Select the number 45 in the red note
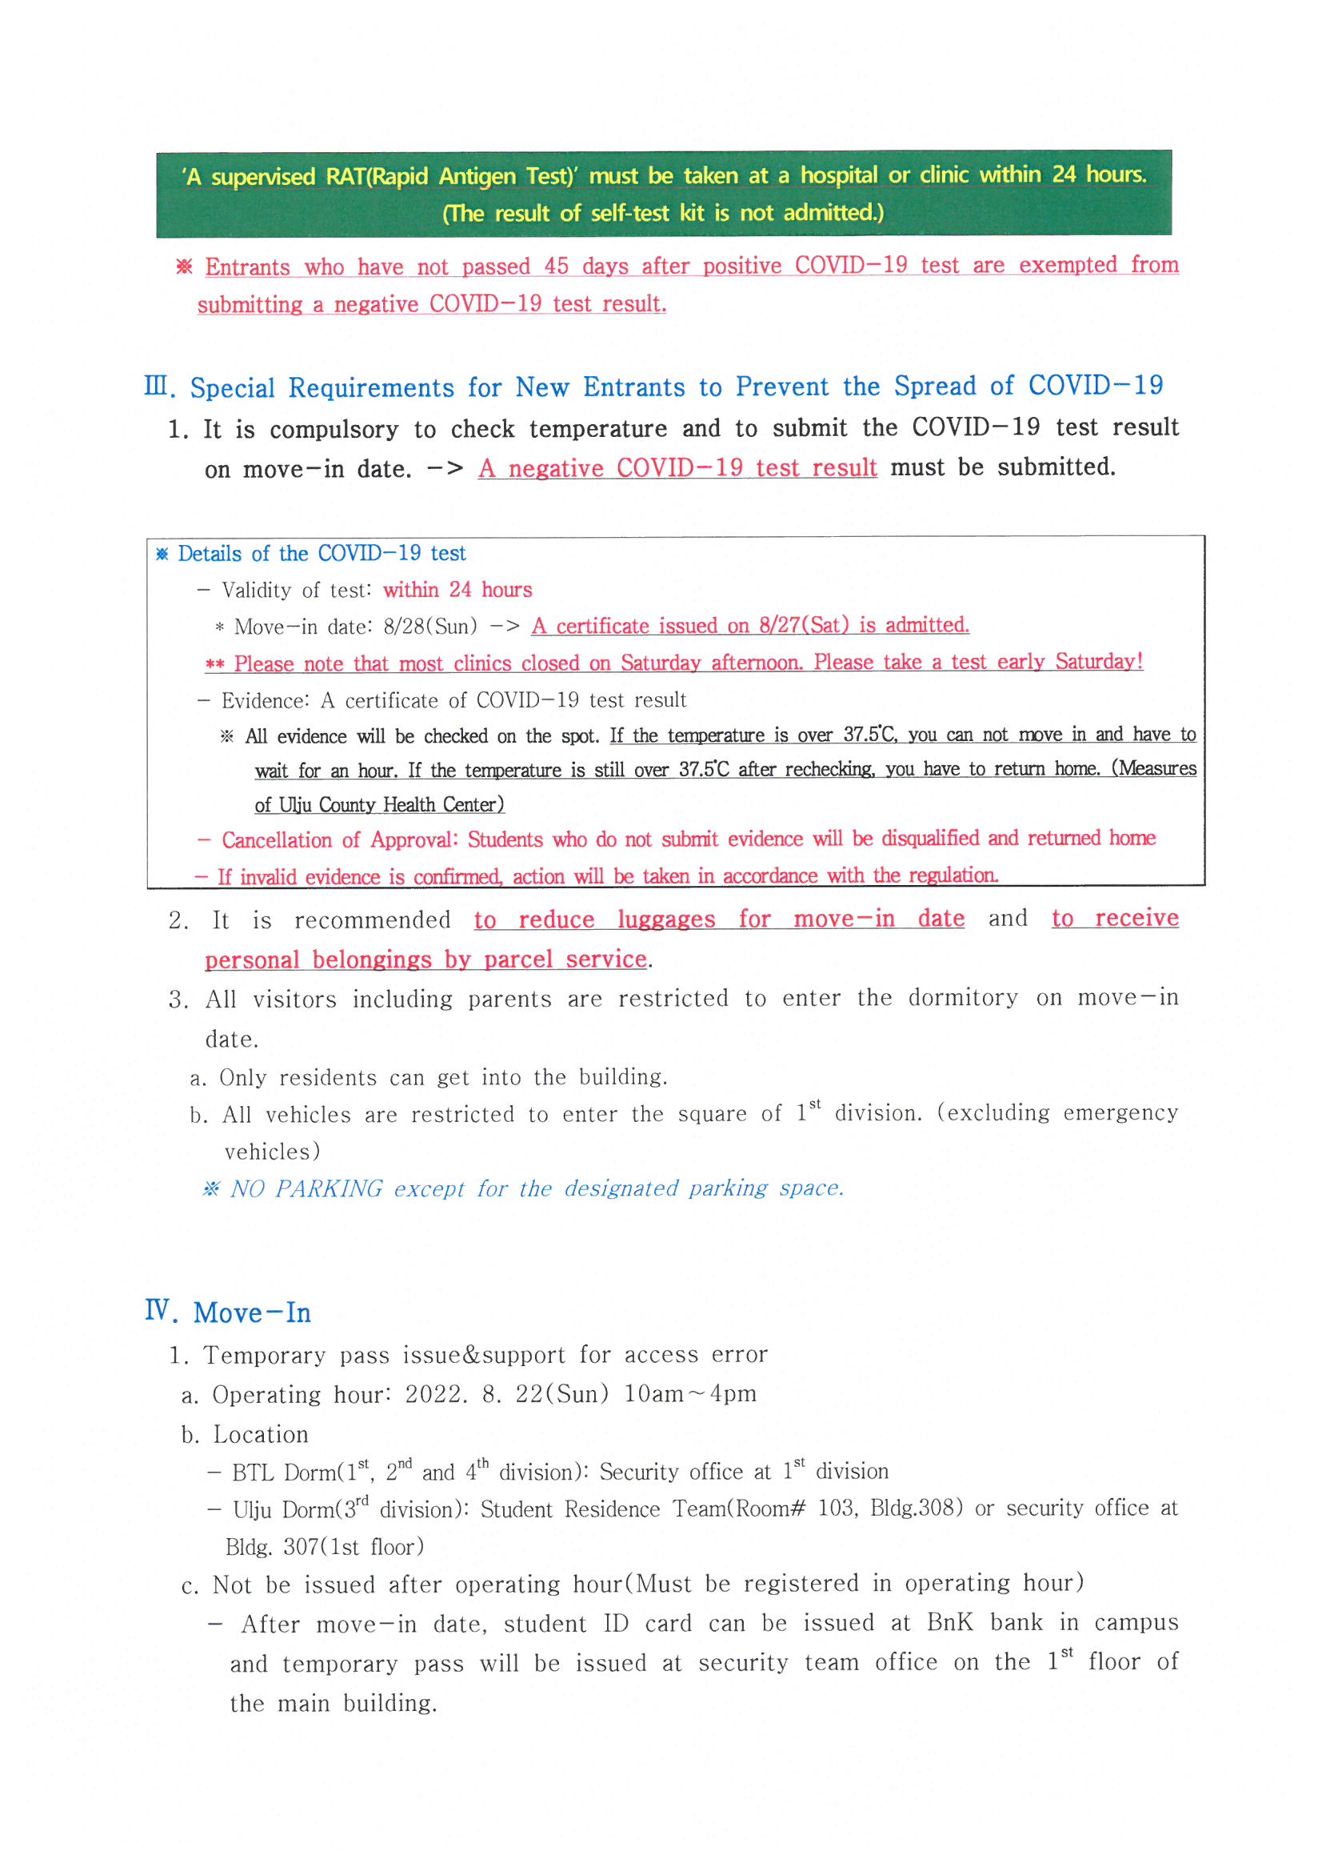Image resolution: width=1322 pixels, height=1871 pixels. point(557,266)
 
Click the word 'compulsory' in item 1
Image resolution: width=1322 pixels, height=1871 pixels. point(334,430)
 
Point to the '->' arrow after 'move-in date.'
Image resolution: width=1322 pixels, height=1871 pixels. point(445,469)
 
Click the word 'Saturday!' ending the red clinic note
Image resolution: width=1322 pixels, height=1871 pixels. point(1099,661)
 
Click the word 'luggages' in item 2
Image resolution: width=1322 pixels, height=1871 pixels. point(665,919)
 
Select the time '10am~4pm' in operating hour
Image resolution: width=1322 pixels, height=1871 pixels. point(690,1393)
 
